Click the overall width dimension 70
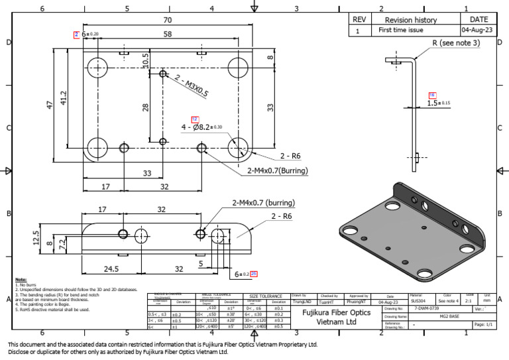point(166,21)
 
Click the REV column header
point(359,20)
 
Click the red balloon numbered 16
point(432,95)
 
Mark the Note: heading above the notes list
point(21,279)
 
